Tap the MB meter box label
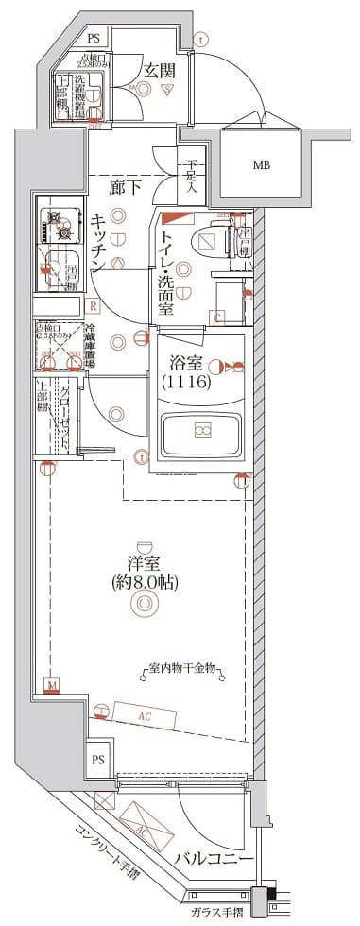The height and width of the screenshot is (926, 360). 261,165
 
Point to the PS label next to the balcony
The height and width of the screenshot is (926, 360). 98,758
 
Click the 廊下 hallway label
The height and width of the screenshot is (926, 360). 127,187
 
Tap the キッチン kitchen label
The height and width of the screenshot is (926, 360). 98,244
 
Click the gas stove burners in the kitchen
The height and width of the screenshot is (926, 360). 56,226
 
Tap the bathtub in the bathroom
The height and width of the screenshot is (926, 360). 201,432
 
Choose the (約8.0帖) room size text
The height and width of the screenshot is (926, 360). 144,582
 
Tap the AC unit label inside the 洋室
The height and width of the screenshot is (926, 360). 145,716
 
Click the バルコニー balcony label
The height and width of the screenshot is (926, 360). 214,861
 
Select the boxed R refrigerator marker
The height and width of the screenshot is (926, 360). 94,305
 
